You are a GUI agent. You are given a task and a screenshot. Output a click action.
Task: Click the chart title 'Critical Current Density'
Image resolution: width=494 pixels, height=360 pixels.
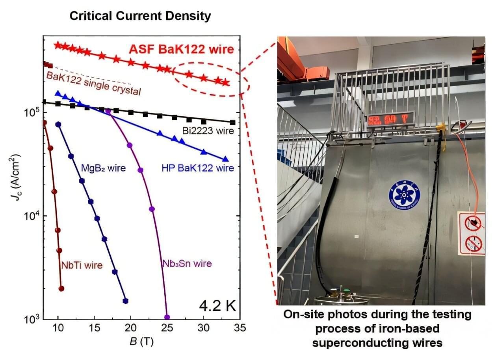click(x=140, y=16)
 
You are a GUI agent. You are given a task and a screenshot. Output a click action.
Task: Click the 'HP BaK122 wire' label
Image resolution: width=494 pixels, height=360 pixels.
click(x=197, y=168)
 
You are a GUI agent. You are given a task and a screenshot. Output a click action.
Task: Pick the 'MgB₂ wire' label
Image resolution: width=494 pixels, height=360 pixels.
click(x=103, y=168)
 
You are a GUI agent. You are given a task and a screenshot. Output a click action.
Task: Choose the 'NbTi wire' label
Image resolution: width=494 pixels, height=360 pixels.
click(x=82, y=265)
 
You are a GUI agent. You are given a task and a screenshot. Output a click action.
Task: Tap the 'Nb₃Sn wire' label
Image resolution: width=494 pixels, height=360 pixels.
click(x=187, y=263)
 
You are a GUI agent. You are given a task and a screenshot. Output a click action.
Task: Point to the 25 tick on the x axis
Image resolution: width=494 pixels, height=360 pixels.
click(x=167, y=328)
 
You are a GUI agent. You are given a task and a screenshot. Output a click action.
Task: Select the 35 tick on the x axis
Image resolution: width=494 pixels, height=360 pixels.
click(x=240, y=328)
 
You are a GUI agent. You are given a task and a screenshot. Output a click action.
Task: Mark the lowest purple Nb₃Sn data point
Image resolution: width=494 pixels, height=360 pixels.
click(x=167, y=317)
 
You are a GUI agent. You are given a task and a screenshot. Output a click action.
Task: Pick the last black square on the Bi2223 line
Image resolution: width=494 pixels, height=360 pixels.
click(x=233, y=123)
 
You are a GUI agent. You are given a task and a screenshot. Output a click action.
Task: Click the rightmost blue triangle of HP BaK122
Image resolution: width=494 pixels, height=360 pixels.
click(x=226, y=159)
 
